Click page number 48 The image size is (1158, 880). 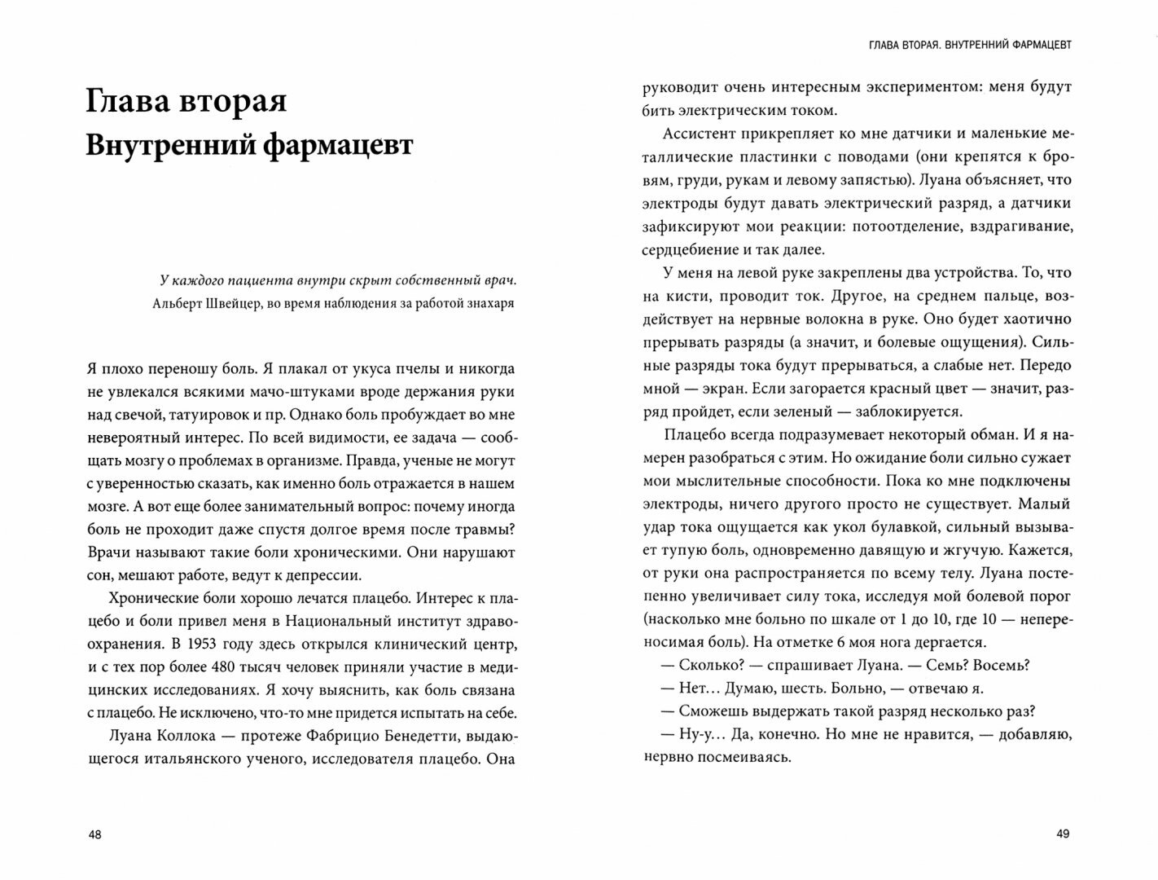(x=95, y=834)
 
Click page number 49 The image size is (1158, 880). (x=1062, y=834)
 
